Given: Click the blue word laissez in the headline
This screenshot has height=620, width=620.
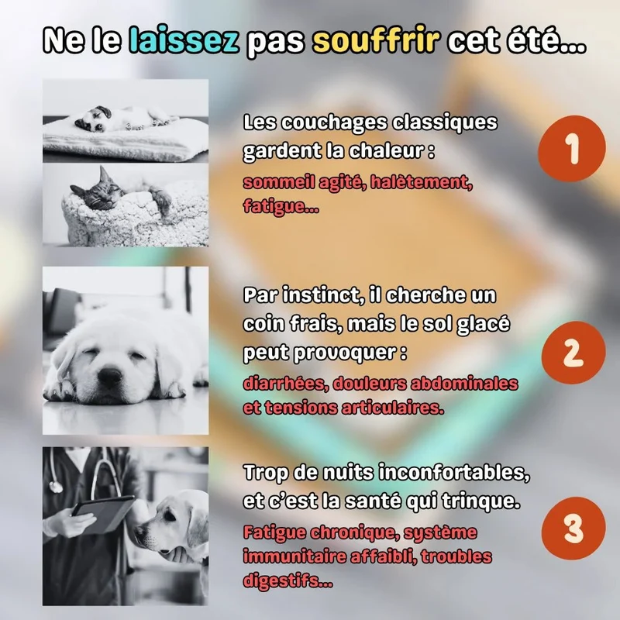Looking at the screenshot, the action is click(x=184, y=40).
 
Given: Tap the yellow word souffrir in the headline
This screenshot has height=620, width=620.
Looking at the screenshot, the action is click(x=376, y=40).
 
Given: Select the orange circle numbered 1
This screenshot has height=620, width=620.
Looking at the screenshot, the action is click(x=572, y=148).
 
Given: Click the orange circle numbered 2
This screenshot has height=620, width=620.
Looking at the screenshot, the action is click(x=573, y=353).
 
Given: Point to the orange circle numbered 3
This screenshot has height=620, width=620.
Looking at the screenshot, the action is click(x=573, y=529).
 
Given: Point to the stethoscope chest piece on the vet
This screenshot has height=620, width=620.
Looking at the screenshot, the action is click(x=55, y=486).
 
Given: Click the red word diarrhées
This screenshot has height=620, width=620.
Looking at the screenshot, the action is click(x=285, y=384).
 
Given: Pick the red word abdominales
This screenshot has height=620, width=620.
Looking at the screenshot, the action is click(x=463, y=384).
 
